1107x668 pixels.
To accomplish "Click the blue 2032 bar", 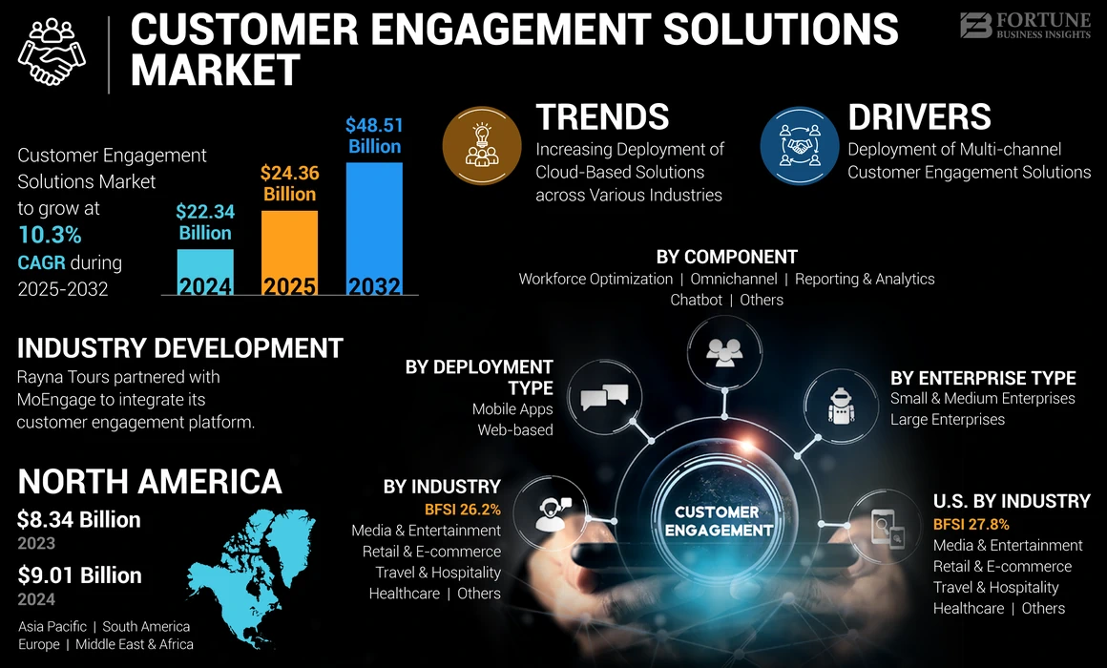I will coord(374,229).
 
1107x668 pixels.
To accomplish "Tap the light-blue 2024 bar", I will coord(205,273).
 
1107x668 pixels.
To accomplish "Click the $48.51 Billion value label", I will coord(374,136).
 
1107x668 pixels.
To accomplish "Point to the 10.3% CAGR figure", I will coord(50,235).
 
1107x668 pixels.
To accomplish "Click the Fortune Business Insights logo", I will coord(1025,26).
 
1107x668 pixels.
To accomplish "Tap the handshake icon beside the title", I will coord(52,53).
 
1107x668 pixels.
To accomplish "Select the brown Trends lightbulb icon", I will coord(482,146).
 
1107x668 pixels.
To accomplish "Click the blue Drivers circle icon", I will coord(800,146).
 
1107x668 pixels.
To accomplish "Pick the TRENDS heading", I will coord(602,117).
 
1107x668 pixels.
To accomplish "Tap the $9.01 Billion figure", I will coord(79,575).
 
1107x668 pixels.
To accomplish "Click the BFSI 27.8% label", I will coord(971,524).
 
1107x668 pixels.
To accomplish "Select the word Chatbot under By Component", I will coord(696,300).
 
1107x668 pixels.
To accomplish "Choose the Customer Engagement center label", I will coord(717,521).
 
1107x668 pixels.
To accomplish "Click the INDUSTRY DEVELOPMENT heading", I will coord(179,347).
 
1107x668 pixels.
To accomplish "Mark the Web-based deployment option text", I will coord(515,429).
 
